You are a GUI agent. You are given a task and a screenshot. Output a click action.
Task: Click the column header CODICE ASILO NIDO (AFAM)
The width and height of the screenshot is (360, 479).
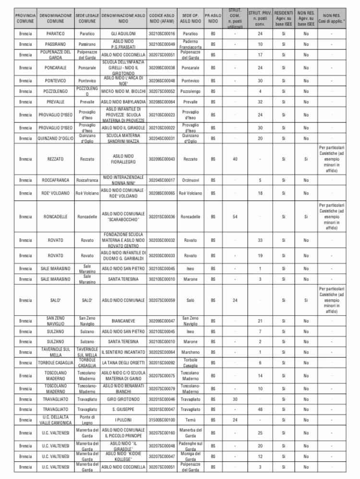coord(162,19)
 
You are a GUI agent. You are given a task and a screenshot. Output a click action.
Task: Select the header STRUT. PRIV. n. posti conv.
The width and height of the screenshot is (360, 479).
coord(260,19)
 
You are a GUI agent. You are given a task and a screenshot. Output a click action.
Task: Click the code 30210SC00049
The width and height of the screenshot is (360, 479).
coord(162,45)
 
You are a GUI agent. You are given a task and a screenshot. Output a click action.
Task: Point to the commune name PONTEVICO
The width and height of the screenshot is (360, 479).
coord(55,81)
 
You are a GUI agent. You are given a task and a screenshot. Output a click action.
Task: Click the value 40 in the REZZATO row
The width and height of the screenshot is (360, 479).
coord(235,159)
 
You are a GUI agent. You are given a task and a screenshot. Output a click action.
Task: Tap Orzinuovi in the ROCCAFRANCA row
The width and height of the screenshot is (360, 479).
coord(190,181)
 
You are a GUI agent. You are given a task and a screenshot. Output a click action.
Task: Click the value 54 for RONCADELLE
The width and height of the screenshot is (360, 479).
coord(235,217)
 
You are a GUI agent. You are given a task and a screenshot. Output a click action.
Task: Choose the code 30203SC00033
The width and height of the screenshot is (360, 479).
coord(162,256)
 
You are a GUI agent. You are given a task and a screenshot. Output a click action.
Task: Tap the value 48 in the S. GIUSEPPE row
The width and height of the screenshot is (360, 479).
coord(260,409)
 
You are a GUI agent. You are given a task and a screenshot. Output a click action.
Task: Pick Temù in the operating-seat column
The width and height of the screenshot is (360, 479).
coord(190,420)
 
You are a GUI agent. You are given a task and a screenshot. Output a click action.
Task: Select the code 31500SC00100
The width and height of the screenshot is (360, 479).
coord(162,420)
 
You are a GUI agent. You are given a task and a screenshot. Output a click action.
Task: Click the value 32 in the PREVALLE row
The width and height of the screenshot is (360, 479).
coord(260,102)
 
